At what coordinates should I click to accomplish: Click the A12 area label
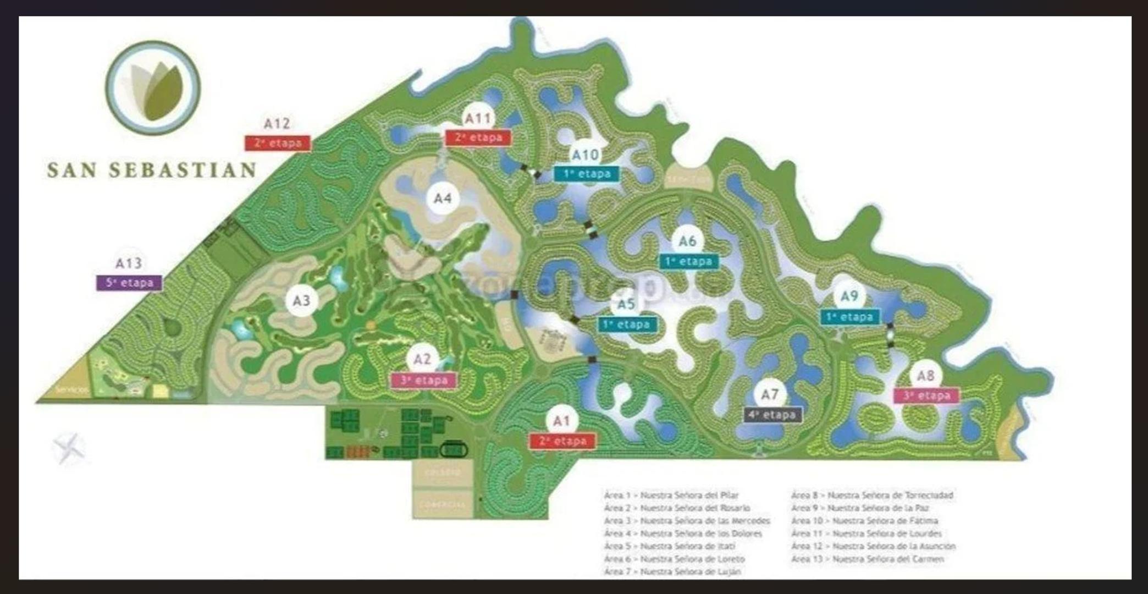[277, 124]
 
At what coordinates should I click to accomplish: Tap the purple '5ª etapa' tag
[129, 283]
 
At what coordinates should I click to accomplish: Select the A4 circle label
[443, 198]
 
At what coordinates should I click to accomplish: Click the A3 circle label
[301, 301]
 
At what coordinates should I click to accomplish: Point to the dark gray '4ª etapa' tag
[772, 415]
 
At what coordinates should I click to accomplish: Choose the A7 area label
[770, 394]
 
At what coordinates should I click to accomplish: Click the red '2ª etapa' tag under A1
[562, 441]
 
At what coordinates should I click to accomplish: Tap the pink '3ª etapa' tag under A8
[926, 395]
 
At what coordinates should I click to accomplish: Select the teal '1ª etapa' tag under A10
[587, 174]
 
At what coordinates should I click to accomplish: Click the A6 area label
[687, 241]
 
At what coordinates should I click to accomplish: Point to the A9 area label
[849, 296]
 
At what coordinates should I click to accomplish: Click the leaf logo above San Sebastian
[153, 88]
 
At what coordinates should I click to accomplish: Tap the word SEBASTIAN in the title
[183, 170]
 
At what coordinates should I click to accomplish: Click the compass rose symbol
[69, 448]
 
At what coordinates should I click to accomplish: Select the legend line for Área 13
[868, 559]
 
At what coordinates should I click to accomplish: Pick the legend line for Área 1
[671, 495]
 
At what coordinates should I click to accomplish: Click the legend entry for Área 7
[672, 571]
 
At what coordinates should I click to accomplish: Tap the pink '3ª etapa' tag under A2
[423, 380]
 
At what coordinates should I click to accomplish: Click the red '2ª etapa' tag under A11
[478, 137]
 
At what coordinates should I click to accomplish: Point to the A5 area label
[626, 304]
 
